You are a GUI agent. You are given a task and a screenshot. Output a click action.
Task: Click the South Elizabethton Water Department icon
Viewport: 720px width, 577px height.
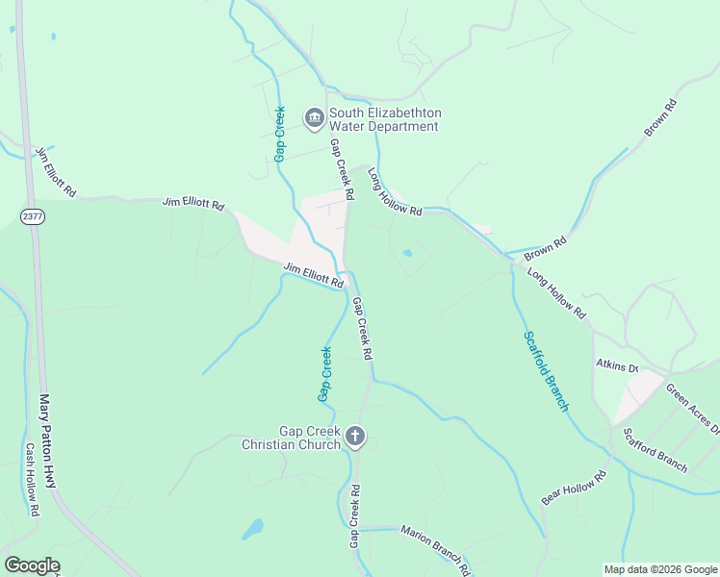314,118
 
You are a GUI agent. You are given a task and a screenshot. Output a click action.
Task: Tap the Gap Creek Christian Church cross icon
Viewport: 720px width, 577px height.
355,438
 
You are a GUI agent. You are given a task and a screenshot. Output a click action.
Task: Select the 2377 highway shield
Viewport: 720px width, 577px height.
33,217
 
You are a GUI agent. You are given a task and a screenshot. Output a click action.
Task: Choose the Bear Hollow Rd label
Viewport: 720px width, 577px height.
575,489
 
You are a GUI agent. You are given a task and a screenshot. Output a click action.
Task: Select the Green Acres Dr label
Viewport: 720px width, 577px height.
692,409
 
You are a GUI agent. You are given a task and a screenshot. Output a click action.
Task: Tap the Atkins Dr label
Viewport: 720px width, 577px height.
617,366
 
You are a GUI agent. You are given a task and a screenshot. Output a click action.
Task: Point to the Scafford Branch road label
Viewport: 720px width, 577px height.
655,450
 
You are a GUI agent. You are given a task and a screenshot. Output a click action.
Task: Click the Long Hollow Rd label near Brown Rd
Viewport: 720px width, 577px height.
556,292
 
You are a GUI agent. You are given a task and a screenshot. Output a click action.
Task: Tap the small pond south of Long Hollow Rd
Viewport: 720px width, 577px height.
408,253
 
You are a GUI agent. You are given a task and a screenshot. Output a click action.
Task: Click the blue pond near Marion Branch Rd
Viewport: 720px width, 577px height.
252,529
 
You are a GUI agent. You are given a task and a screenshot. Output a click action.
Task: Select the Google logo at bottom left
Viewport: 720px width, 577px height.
32,565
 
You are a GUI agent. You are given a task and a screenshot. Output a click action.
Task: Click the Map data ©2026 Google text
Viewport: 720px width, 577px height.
660,569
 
